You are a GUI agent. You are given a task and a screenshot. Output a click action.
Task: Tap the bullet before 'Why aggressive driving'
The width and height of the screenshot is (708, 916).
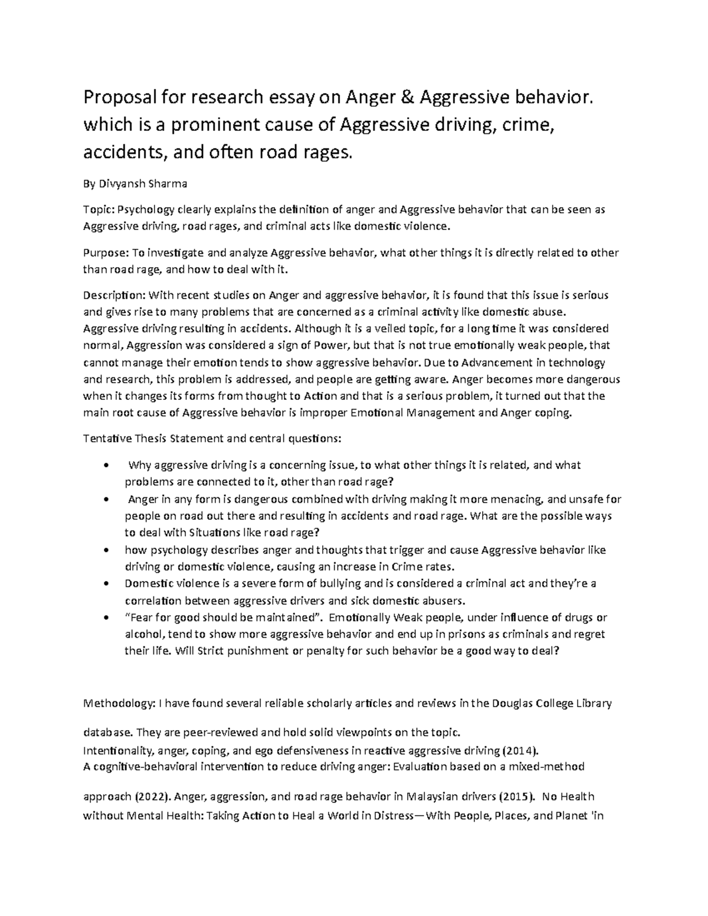pos(105,465)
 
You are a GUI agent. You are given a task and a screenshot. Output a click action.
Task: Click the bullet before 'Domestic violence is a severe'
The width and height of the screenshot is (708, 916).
pos(105,584)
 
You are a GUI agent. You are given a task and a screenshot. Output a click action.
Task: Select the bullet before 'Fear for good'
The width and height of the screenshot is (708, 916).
pos(105,618)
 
